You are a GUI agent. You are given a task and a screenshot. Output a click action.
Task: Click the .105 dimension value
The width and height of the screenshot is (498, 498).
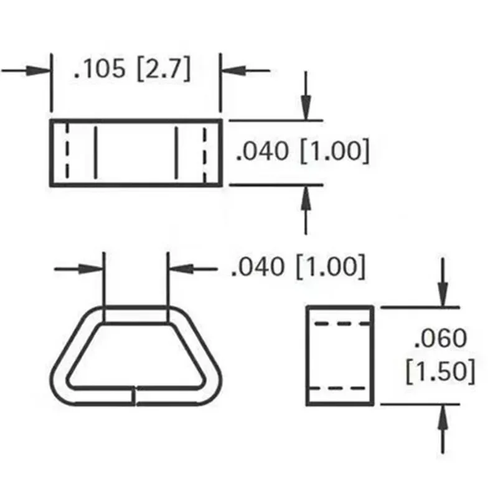99,69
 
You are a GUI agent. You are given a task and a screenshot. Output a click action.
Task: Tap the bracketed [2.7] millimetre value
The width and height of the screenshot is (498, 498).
164,69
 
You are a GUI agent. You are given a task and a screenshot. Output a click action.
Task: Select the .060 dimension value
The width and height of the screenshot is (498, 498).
440,339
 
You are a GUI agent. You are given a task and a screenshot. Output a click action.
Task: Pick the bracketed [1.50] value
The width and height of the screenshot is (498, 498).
440,372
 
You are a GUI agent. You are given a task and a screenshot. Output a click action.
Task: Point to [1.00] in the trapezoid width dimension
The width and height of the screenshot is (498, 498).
330,267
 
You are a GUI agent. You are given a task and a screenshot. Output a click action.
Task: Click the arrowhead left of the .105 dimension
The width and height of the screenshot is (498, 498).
42,70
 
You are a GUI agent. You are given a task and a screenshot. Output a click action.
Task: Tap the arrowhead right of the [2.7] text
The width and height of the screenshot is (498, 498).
229,70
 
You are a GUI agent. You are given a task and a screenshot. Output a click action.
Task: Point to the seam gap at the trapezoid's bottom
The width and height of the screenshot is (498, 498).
135,396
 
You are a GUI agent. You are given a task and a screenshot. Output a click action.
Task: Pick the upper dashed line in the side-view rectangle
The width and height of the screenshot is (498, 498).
339,324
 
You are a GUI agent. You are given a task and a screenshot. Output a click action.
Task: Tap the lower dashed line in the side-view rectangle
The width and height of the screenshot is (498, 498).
339,388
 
